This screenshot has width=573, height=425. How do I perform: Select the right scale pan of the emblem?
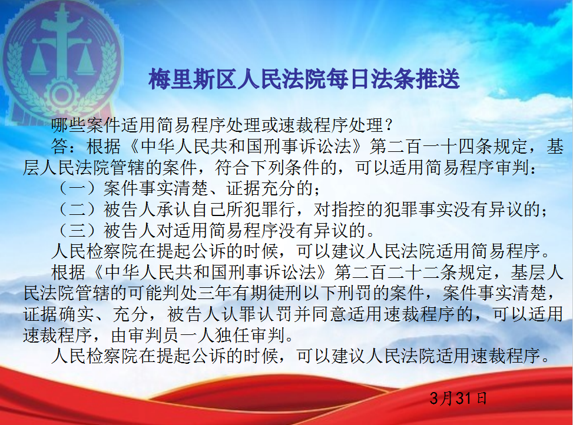pos(86,62)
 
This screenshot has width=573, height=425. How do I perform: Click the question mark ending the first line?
pos(388,125)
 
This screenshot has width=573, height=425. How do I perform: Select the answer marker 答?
pos(59,147)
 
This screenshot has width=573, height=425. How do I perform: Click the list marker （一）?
pos(78,188)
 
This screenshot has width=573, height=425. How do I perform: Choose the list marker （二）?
pos(78,209)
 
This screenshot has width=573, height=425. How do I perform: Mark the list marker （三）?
pos(78,230)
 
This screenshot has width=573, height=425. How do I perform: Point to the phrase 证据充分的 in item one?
pos(270,188)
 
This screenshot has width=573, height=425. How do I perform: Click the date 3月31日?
pos(458,398)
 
